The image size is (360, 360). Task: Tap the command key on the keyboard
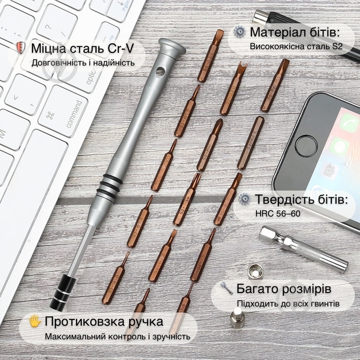pos(63,111)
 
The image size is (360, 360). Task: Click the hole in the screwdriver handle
pos(160,71)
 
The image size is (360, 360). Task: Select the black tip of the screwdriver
pos(62,292)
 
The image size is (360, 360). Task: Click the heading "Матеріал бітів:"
pos(294,32)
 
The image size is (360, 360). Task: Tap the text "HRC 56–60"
pos(278,214)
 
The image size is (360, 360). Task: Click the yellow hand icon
pos(35,321)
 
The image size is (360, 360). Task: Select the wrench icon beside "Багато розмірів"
pos(227,288)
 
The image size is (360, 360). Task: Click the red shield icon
pos(21,47)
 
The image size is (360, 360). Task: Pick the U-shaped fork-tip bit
pos(233,88)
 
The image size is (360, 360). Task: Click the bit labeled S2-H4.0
pos(250,143)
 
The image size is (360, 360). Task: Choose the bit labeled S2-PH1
pos(210,145)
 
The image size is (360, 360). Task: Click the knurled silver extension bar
pos(303,249)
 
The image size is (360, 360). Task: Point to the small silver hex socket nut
pos(255,271)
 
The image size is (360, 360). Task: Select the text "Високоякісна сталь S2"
pos(296,47)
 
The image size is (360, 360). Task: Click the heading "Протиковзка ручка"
pos(104,321)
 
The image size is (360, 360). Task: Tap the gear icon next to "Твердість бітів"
pos(244,199)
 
